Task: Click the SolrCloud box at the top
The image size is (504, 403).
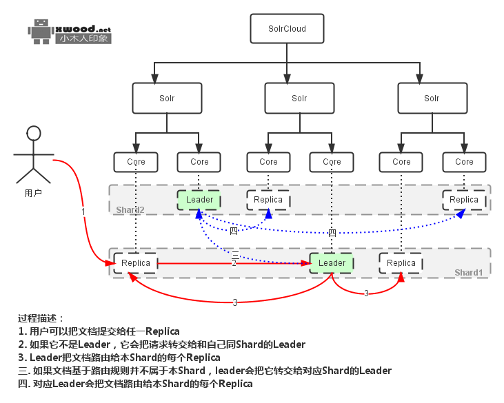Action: (x=287, y=30)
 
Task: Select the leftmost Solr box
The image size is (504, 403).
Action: (x=166, y=99)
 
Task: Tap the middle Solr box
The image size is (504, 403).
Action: (x=299, y=99)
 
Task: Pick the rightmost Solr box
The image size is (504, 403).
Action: (x=432, y=99)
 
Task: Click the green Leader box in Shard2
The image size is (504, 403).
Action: (x=200, y=200)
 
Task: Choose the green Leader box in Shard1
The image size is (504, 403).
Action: (x=332, y=263)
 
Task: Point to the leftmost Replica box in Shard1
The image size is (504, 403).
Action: (x=136, y=263)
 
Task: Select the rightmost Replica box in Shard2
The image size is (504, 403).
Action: (x=464, y=200)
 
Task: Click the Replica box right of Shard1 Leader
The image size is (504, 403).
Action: (x=401, y=263)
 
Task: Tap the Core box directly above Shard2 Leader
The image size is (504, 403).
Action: (x=199, y=162)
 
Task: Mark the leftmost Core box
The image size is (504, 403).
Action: (x=136, y=162)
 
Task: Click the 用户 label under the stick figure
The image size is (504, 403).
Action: (x=33, y=193)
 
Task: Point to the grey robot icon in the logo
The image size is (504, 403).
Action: (x=40, y=31)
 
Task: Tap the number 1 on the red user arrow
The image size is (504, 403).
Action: (x=83, y=211)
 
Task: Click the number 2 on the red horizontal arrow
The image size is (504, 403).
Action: (x=234, y=263)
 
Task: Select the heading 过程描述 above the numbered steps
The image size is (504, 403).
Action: (x=41, y=318)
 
